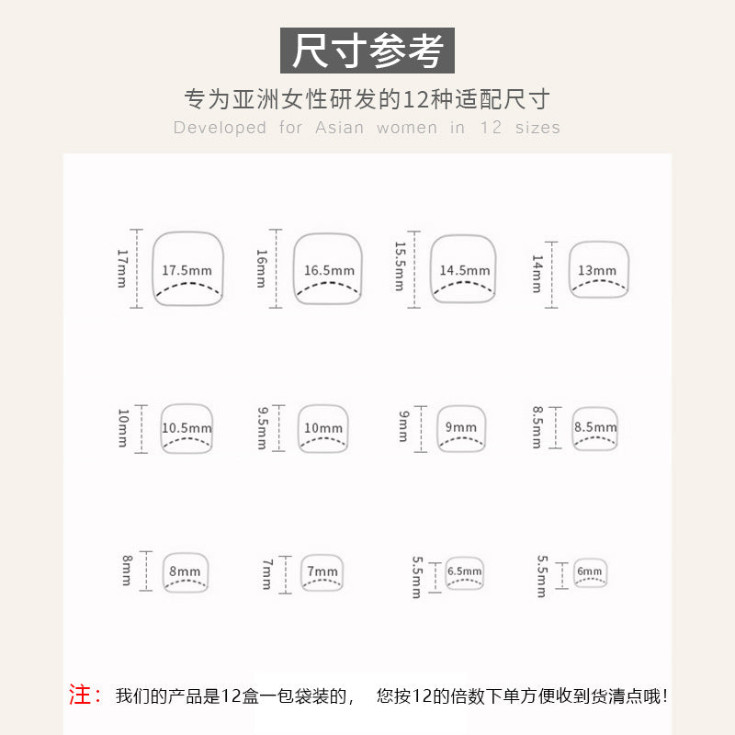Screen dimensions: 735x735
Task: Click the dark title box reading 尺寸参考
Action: pos(367,51)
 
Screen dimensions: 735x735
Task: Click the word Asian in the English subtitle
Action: pos(339,128)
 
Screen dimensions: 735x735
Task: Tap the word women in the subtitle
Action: pos(407,128)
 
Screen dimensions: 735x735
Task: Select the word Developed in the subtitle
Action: pos(220,128)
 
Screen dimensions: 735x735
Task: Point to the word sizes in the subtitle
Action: pos(537,128)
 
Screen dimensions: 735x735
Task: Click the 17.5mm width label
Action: pos(187,270)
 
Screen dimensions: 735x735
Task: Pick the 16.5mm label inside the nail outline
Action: pos(329,270)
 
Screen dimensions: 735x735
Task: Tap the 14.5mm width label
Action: pos(465,270)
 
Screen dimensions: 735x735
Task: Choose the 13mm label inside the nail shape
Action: pos(596,270)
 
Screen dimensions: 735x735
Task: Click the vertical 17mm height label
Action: pos(122,268)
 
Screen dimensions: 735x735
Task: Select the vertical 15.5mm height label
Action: pos(400,266)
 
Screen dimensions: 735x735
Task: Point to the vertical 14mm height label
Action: pos(537,274)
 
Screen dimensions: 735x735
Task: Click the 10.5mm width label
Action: pos(187,428)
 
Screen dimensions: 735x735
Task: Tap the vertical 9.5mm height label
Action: pos(263,428)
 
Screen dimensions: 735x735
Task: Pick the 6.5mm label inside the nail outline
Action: pos(464,571)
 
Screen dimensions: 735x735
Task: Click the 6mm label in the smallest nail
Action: pos(589,571)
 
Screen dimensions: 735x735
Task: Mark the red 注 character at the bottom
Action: pos(80,695)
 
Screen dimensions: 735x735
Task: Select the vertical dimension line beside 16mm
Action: pos(276,268)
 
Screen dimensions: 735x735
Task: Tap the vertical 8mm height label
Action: pos(127,571)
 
